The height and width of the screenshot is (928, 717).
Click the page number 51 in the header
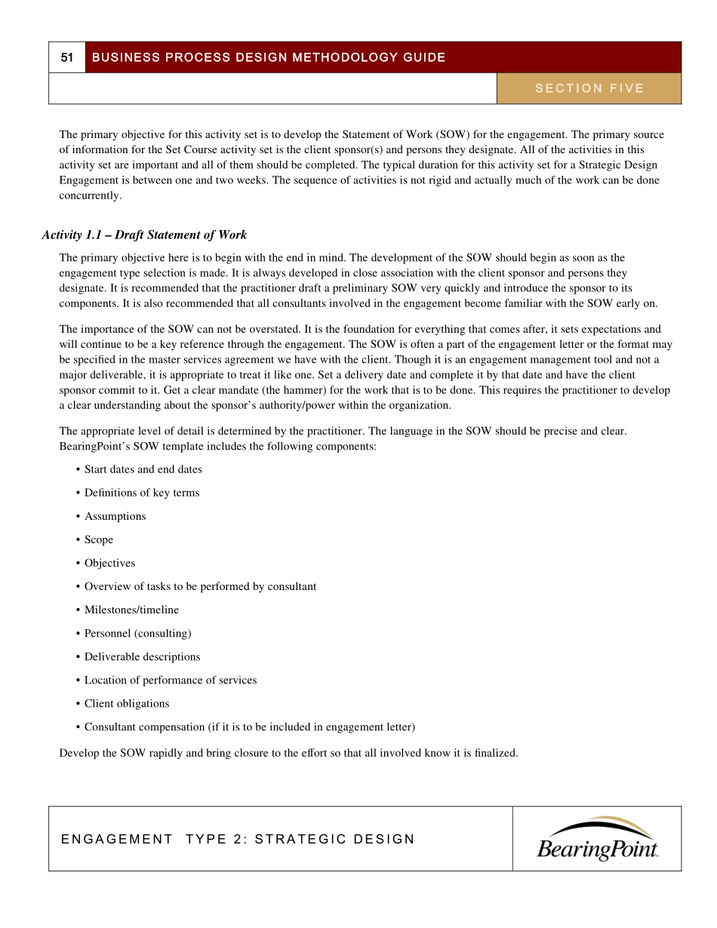[67, 57]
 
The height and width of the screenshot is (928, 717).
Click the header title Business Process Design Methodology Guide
[268, 57]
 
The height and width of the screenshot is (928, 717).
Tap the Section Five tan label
[589, 88]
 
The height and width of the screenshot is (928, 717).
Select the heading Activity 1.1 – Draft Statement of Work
[144, 235]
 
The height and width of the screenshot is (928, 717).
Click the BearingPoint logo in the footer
[597, 839]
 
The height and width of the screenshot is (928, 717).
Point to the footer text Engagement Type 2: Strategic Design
[238, 839]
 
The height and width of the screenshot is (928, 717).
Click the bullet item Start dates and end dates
[143, 469]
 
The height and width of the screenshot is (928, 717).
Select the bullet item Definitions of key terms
[141, 493]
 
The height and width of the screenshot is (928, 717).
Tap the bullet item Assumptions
[115, 516]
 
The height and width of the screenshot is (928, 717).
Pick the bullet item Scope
[98, 539]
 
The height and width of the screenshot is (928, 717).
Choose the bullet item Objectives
[109, 563]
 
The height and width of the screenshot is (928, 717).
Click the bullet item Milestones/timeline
[131, 610]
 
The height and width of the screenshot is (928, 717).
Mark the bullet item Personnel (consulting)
[137, 633]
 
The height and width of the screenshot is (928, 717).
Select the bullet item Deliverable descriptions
[142, 656]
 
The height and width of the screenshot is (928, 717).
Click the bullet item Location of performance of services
[170, 680]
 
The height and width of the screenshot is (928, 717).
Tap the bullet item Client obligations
[126, 703]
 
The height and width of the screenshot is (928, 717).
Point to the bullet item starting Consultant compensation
[249, 727]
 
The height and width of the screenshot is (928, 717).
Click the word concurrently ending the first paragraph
[90, 195]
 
